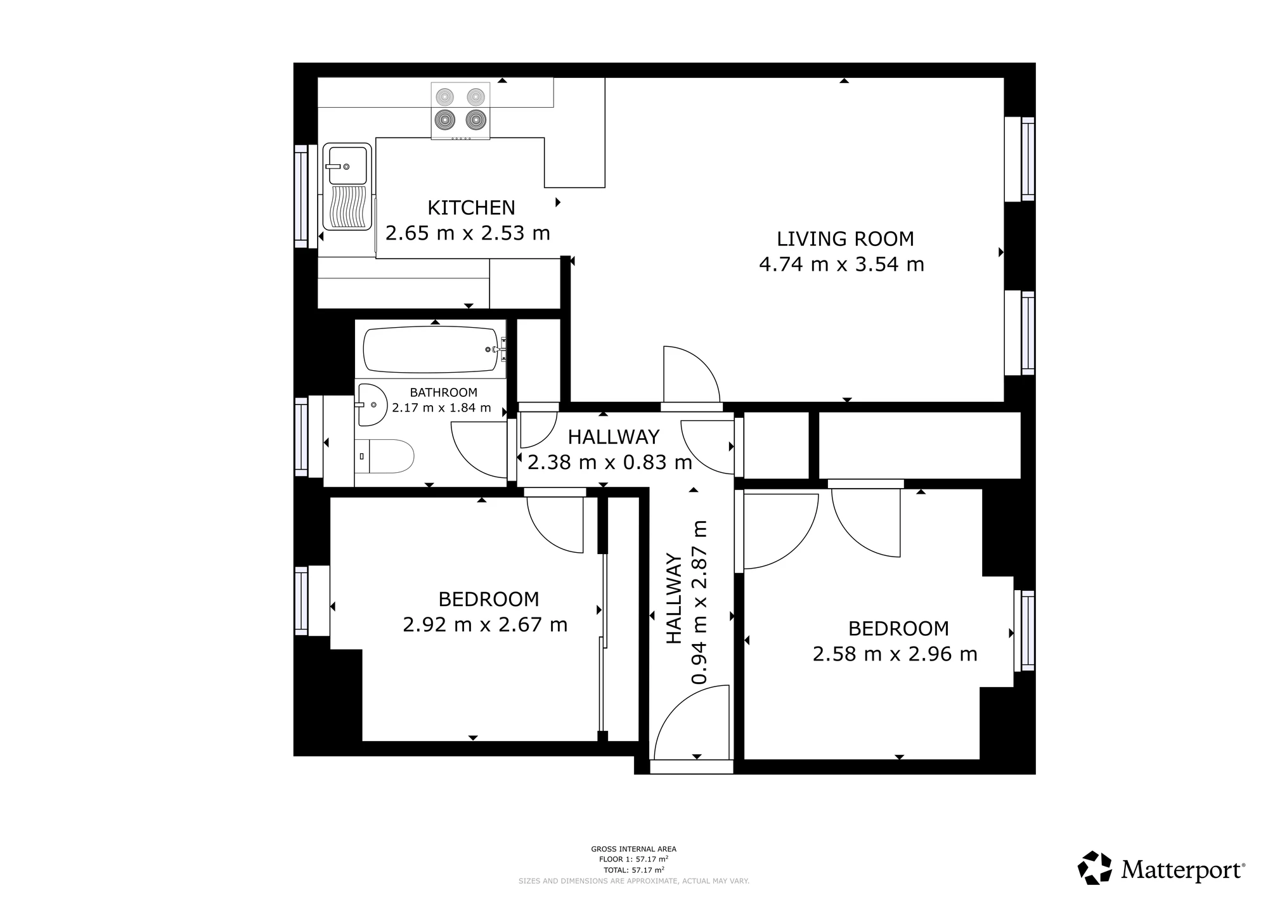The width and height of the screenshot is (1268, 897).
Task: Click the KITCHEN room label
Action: click(x=471, y=208)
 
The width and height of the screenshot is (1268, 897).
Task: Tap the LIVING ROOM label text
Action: click(x=845, y=239)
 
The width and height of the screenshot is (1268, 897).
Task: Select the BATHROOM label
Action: click(x=443, y=392)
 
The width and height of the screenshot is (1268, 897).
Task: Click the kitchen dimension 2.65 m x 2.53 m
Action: click(x=467, y=233)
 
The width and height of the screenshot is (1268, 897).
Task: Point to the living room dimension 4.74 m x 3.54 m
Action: click(x=841, y=264)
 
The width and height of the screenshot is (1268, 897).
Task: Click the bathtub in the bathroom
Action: click(x=431, y=349)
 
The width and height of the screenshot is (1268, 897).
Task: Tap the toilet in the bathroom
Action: click(x=384, y=456)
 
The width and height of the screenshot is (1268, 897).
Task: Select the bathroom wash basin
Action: click(x=372, y=404)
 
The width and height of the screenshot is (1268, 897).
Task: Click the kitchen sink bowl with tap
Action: click(x=346, y=165)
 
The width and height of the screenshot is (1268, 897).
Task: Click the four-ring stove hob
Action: click(x=460, y=111)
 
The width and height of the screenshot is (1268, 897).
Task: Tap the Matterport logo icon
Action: click(x=1095, y=868)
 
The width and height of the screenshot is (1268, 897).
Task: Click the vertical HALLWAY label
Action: click(x=673, y=598)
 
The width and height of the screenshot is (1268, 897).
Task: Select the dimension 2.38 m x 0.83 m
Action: click(x=609, y=463)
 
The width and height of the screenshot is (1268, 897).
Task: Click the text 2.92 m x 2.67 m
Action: click(x=485, y=625)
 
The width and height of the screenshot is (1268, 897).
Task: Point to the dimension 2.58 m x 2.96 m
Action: click(x=895, y=654)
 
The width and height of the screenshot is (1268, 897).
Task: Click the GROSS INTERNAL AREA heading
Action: click(x=633, y=849)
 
